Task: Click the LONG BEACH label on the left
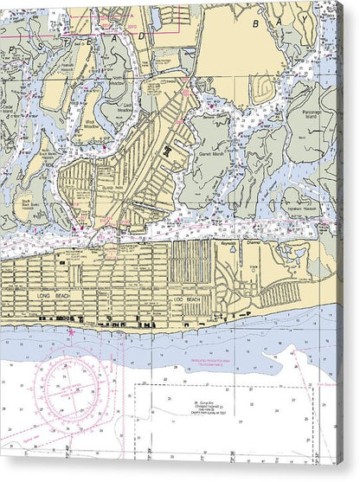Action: [51, 296]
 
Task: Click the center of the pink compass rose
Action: [68, 388]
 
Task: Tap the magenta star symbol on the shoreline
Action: [70, 330]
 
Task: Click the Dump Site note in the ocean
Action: [215, 409]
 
